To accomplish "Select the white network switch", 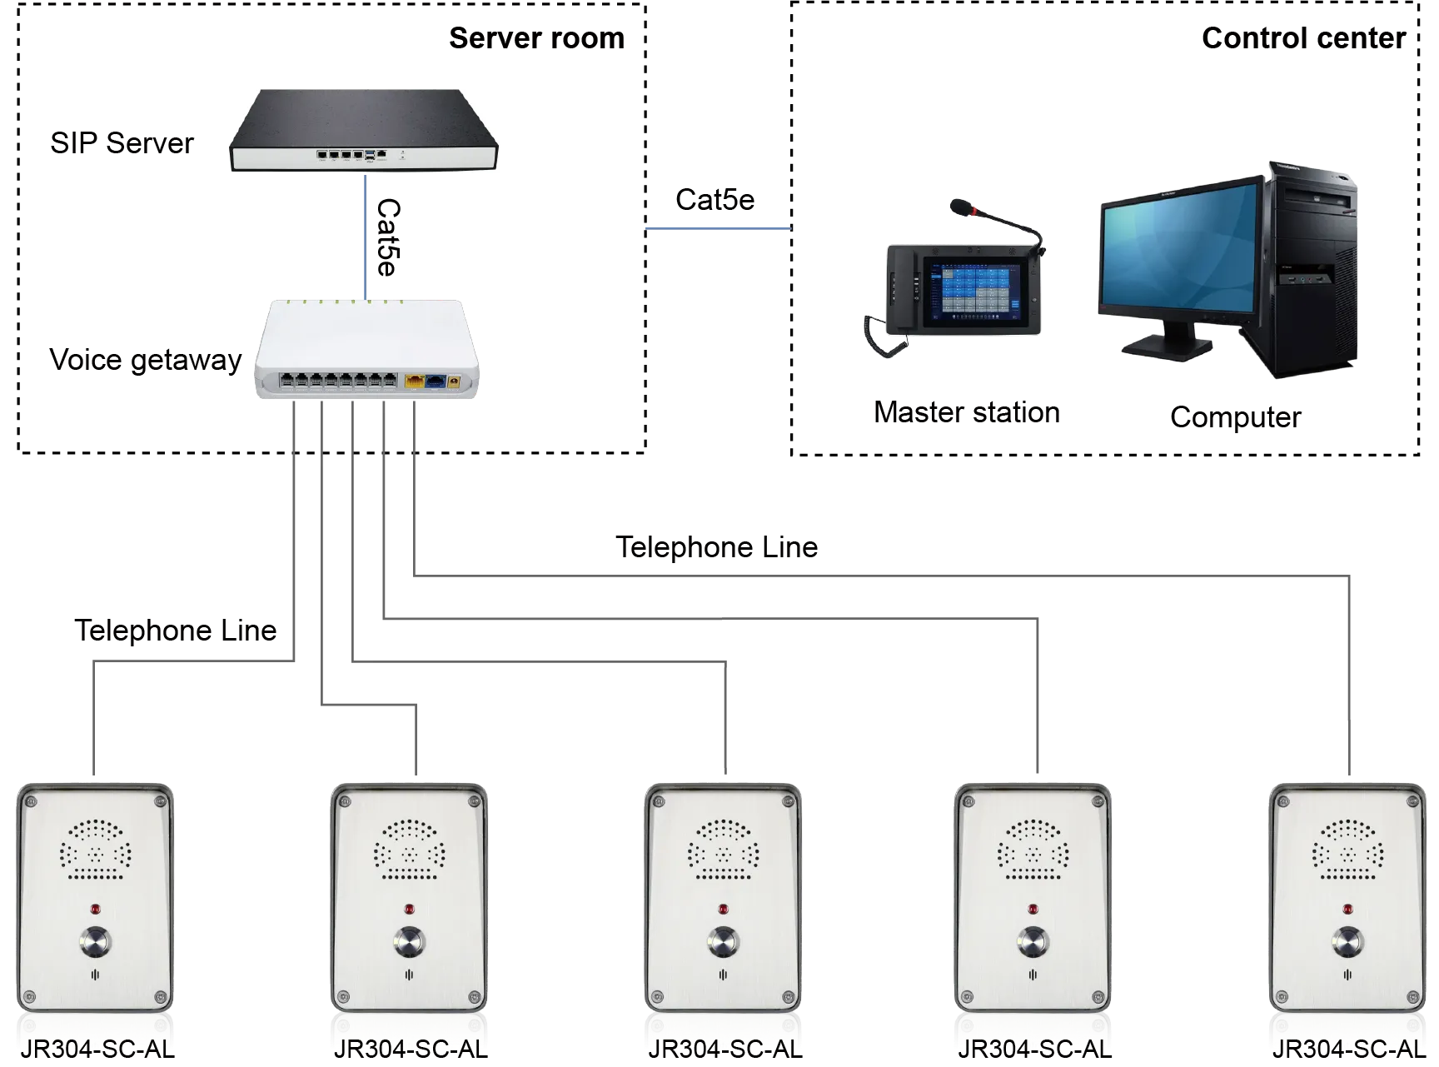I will click(x=366, y=348).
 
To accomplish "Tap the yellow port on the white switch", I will click(x=414, y=381).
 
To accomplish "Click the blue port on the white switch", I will click(x=436, y=381).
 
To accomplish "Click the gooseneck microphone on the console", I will click(x=995, y=219).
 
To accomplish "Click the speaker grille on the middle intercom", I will click(x=723, y=850).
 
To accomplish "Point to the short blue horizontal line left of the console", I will click(x=718, y=228).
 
